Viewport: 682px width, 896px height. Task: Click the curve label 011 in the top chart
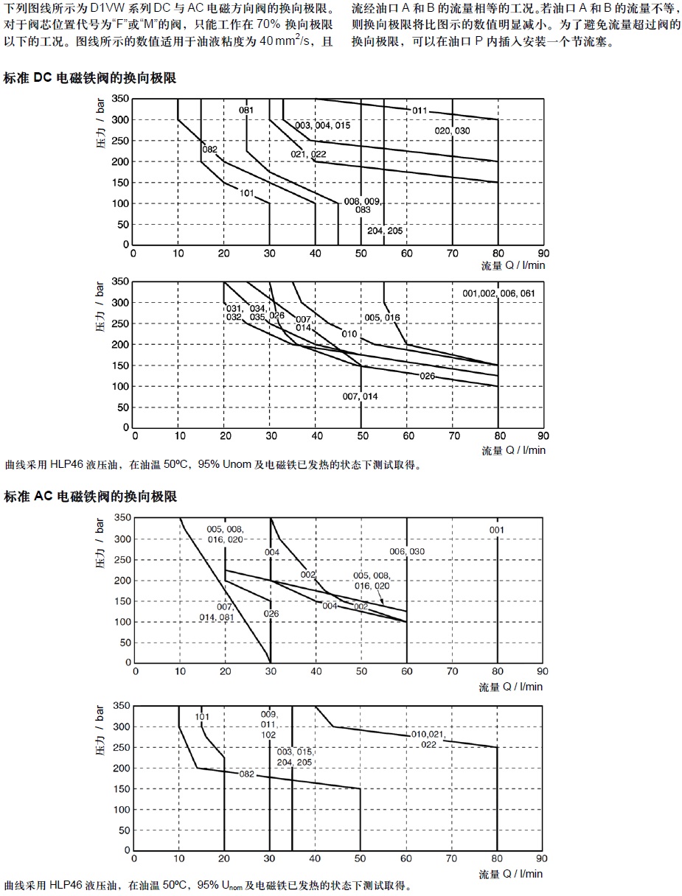point(420,111)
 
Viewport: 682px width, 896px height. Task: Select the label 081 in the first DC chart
point(246,111)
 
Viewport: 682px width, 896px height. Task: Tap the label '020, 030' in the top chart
point(452,130)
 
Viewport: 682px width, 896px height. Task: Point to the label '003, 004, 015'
point(322,125)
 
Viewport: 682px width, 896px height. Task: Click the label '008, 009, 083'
point(362,206)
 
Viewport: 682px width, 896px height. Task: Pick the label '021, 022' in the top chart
point(308,154)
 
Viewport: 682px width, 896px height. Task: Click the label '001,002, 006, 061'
point(498,293)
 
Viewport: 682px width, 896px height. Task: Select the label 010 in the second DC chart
point(349,334)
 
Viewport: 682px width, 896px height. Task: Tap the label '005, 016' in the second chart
point(382,318)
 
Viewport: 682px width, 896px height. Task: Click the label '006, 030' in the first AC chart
point(407,552)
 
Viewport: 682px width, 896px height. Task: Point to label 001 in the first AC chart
point(497,530)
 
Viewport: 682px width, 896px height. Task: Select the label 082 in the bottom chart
point(246,774)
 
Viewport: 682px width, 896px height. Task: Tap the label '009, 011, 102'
point(269,724)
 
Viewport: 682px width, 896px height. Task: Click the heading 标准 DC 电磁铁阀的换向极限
point(90,77)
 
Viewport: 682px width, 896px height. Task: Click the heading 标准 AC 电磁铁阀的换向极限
point(90,497)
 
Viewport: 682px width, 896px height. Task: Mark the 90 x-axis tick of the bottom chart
point(543,858)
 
